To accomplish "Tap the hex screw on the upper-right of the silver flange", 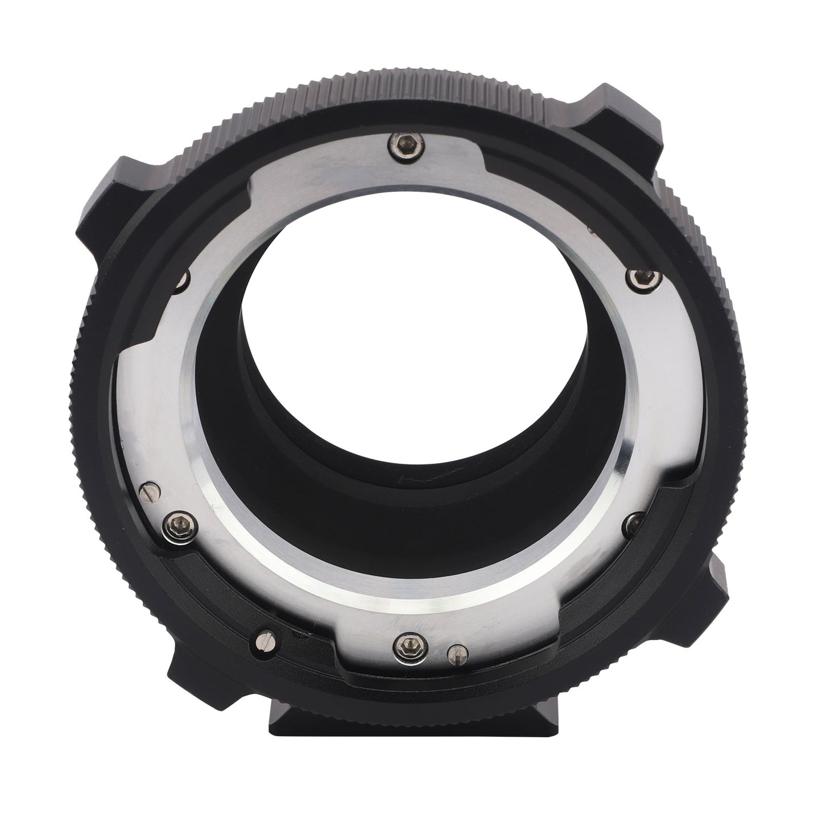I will point(635,277).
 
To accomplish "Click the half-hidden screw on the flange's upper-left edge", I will point(183,279).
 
